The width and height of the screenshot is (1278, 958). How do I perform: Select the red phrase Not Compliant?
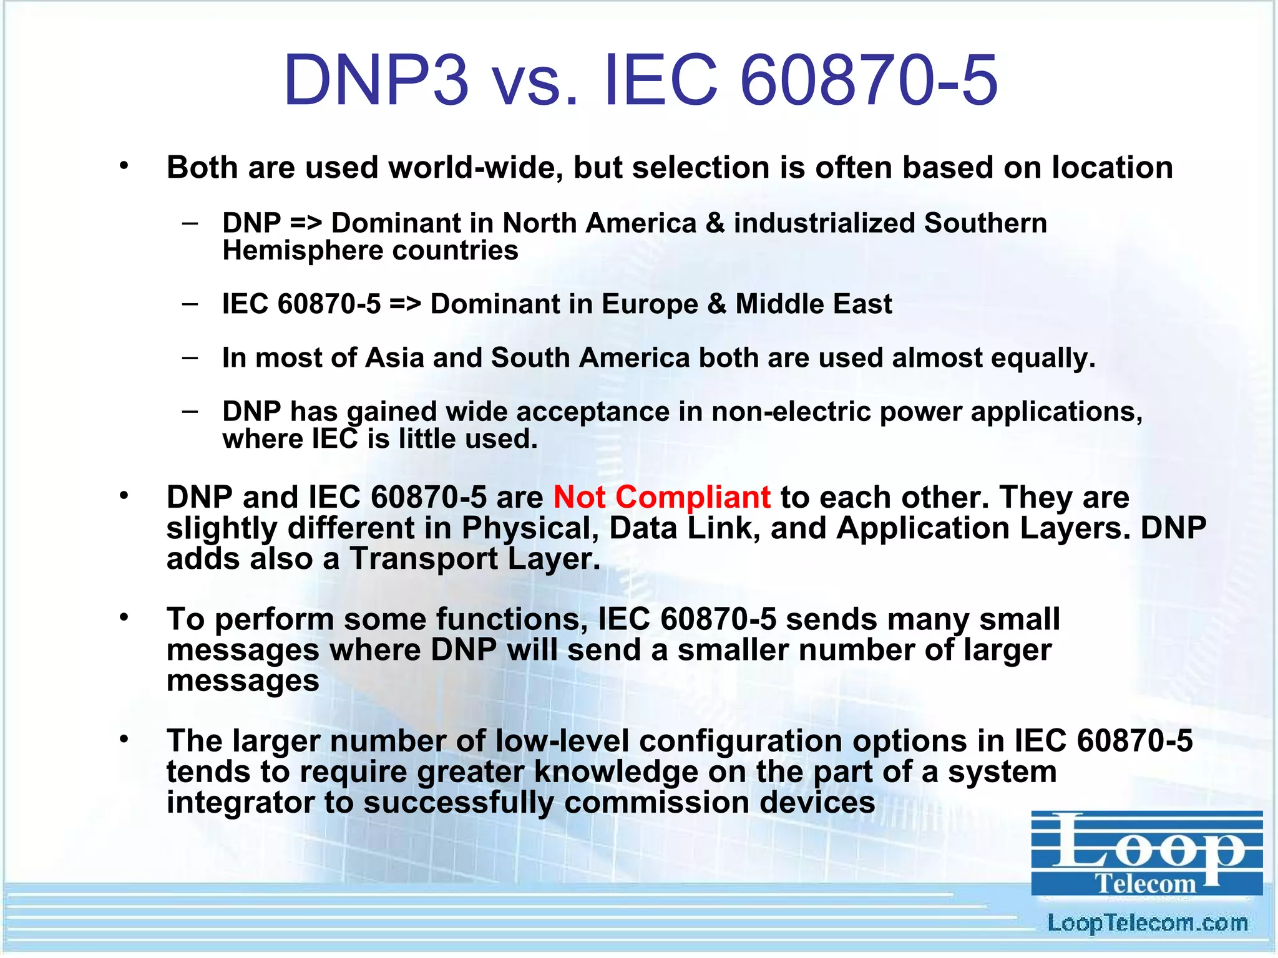coord(661,498)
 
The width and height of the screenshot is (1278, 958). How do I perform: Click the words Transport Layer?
coord(474,558)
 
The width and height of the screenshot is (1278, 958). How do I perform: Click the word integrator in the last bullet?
coord(240,803)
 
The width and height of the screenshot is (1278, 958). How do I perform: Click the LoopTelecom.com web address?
coord(1147,923)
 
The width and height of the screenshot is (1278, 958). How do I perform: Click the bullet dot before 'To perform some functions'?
coord(124,617)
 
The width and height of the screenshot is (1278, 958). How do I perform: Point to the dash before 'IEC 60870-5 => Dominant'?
coord(190,304)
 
